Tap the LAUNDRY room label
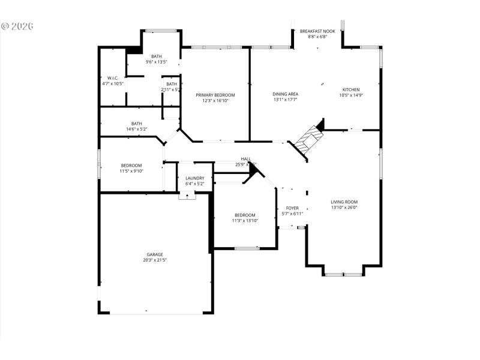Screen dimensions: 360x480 point(195,178)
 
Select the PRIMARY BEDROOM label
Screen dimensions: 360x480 point(215,95)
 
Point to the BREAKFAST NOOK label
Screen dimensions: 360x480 point(317,31)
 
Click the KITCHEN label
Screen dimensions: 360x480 point(351,89)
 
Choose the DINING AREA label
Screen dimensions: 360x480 point(286,94)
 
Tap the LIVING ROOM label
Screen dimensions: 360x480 point(344,202)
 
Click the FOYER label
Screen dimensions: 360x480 point(292,208)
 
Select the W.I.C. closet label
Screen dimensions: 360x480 point(113,78)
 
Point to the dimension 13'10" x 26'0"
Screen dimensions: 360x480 point(344,208)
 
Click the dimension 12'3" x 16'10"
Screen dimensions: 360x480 point(215,101)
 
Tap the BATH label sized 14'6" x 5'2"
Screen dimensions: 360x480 point(137,124)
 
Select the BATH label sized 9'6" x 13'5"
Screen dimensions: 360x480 point(156,56)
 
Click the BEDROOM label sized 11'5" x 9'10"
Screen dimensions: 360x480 point(131,166)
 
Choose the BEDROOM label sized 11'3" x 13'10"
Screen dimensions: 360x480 point(245,215)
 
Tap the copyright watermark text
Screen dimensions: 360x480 point(17,26)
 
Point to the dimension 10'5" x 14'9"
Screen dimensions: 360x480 point(351,95)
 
